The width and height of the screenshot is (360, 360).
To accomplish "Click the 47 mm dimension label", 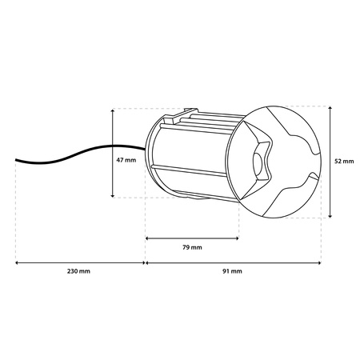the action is pyautogui.click(x=126, y=160).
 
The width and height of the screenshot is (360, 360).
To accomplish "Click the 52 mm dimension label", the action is pyautogui.click(x=344, y=162).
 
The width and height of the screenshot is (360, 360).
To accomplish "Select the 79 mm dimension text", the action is pyautogui.click(x=192, y=247).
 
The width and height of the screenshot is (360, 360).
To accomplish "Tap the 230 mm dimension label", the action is pyautogui.click(x=78, y=271).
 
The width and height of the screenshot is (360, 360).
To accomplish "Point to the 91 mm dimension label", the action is pyautogui.click(x=232, y=271).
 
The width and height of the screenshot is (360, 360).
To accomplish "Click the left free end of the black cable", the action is pyautogui.click(x=16, y=160).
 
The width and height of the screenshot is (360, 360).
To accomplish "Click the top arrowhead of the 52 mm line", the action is pyautogui.click(x=330, y=107).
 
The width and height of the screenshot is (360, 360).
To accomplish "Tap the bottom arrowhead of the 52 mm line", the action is pyautogui.click(x=330, y=216).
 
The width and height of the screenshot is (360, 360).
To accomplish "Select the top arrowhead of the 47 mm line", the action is pyautogui.click(x=113, y=110).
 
